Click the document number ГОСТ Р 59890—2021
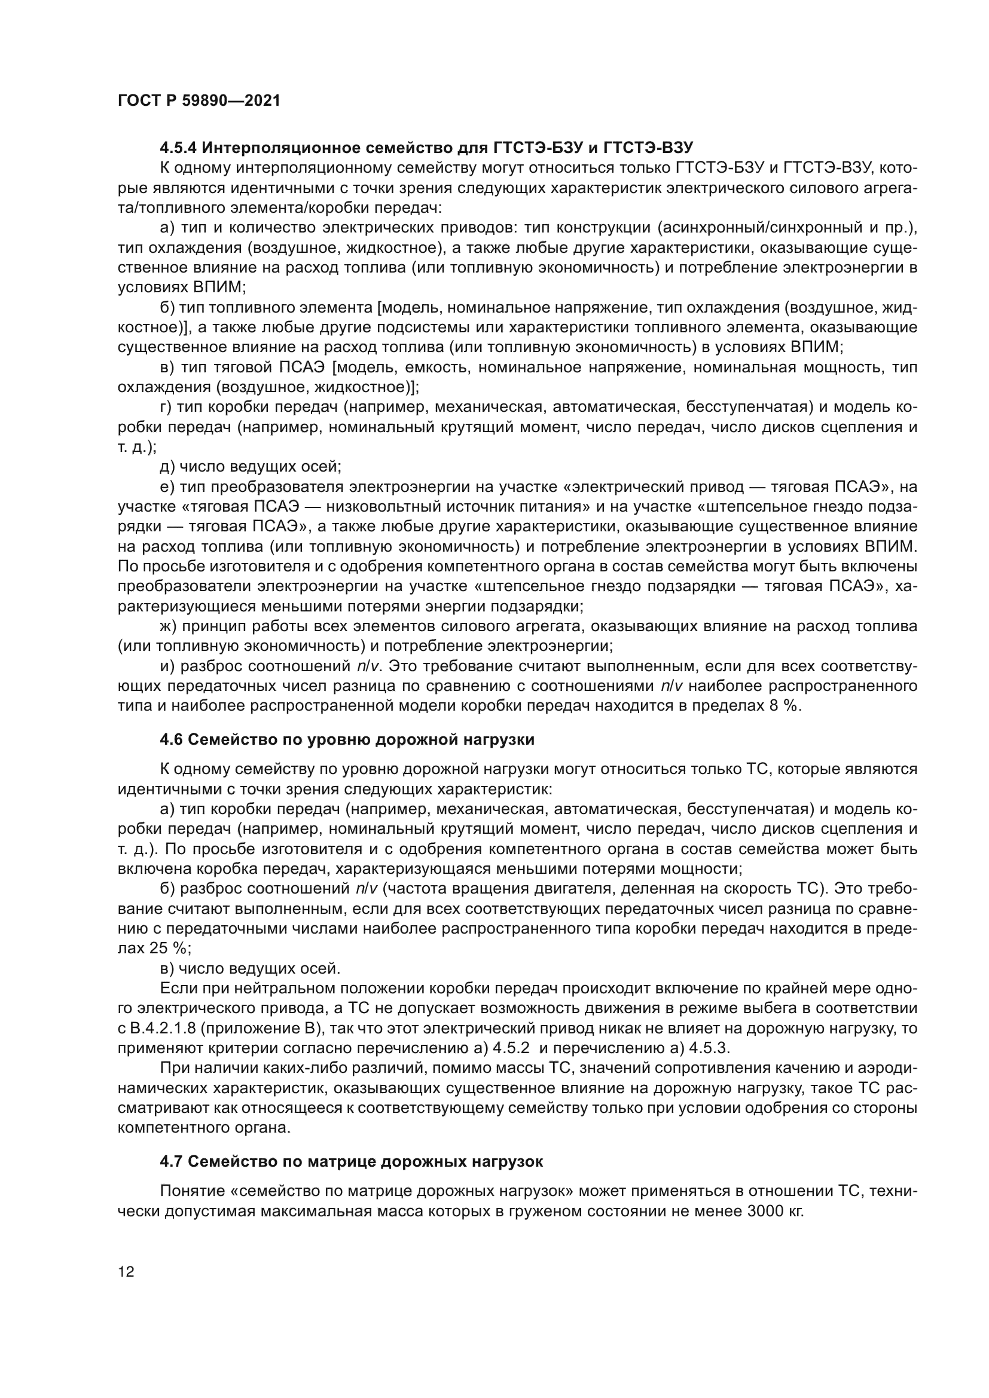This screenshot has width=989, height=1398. tap(199, 101)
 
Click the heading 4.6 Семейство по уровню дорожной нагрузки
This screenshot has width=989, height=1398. tap(347, 740)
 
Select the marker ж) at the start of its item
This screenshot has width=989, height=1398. tap(167, 626)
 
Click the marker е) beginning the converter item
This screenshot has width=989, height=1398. tap(166, 487)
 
